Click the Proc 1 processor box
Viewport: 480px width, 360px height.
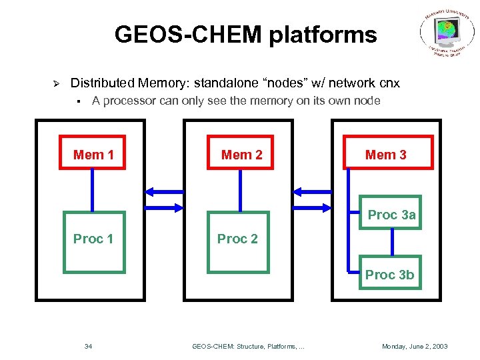pyautogui.click(x=93, y=242)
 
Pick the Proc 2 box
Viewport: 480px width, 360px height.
pyautogui.click(x=237, y=242)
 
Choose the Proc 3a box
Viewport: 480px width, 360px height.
pyautogui.click(x=391, y=213)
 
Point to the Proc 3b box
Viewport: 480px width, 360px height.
pyautogui.click(x=390, y=273)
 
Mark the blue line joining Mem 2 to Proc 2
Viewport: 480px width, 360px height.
pyautogui.click(x=241, y=191)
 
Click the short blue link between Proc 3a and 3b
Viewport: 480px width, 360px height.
pyautogui.click(x=392, y=243)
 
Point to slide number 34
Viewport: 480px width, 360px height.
pyautogui.click(x=88, y=346)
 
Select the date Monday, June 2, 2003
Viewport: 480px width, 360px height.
pyautogui.click(x=414, y=346)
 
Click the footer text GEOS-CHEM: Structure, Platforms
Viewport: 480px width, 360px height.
pyautogui.click(x=248, y=346)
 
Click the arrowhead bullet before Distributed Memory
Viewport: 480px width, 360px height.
pyautogui.click(x=57, y=83)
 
